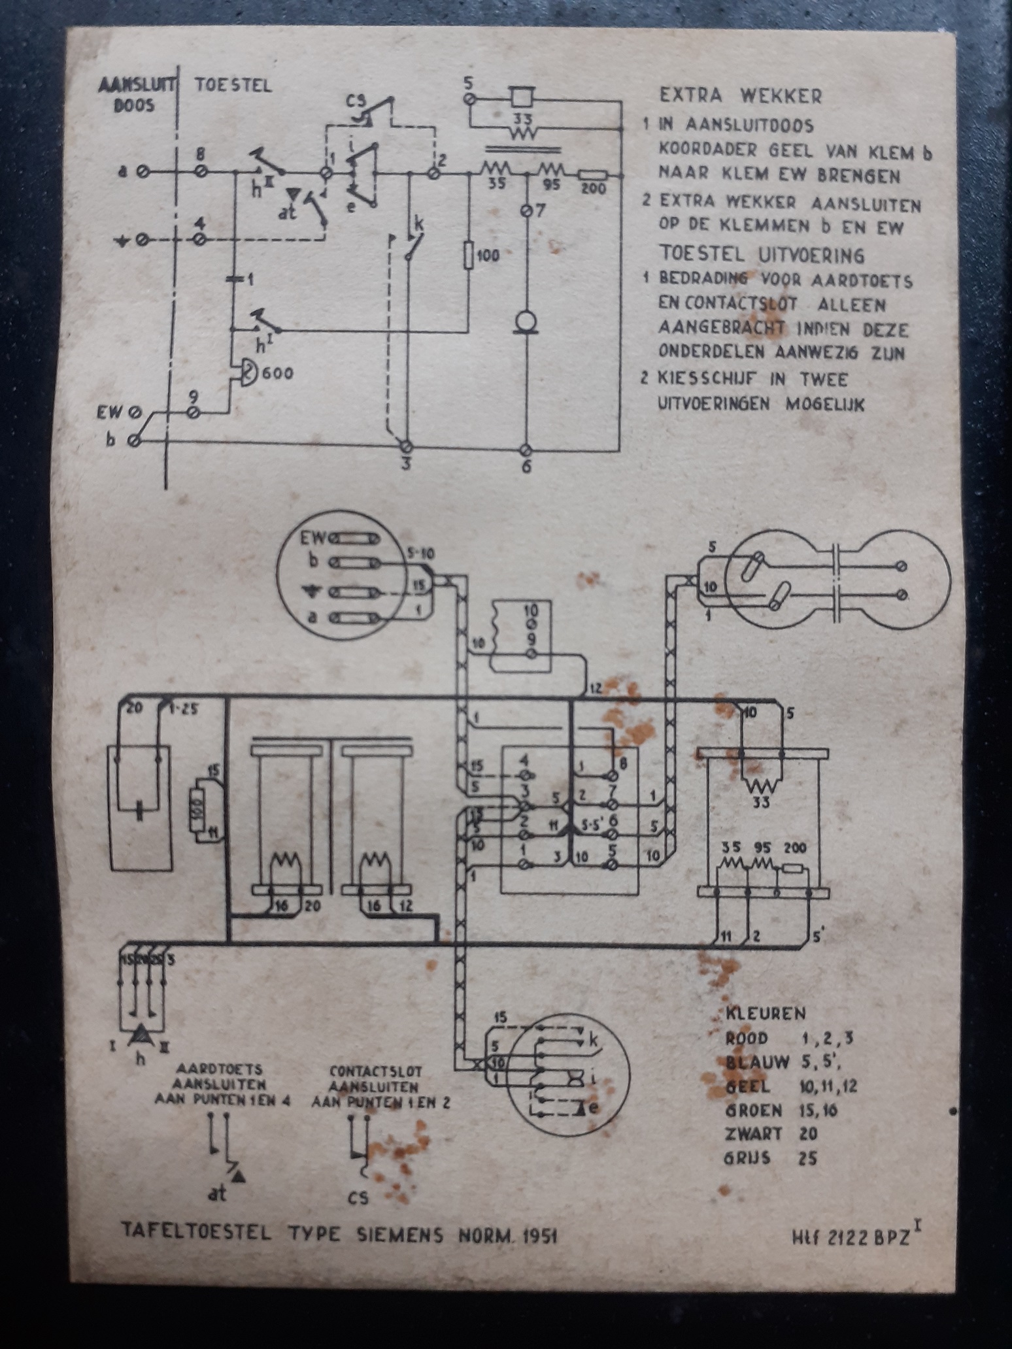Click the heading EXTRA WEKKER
[740, 96]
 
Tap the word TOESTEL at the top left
[233, 86]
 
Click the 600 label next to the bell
[278, 374]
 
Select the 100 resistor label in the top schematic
[488, 255]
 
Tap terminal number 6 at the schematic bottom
[527, 467]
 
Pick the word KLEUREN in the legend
[766, 1013]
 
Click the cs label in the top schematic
[356, 104]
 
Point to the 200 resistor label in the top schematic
[593, 190]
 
